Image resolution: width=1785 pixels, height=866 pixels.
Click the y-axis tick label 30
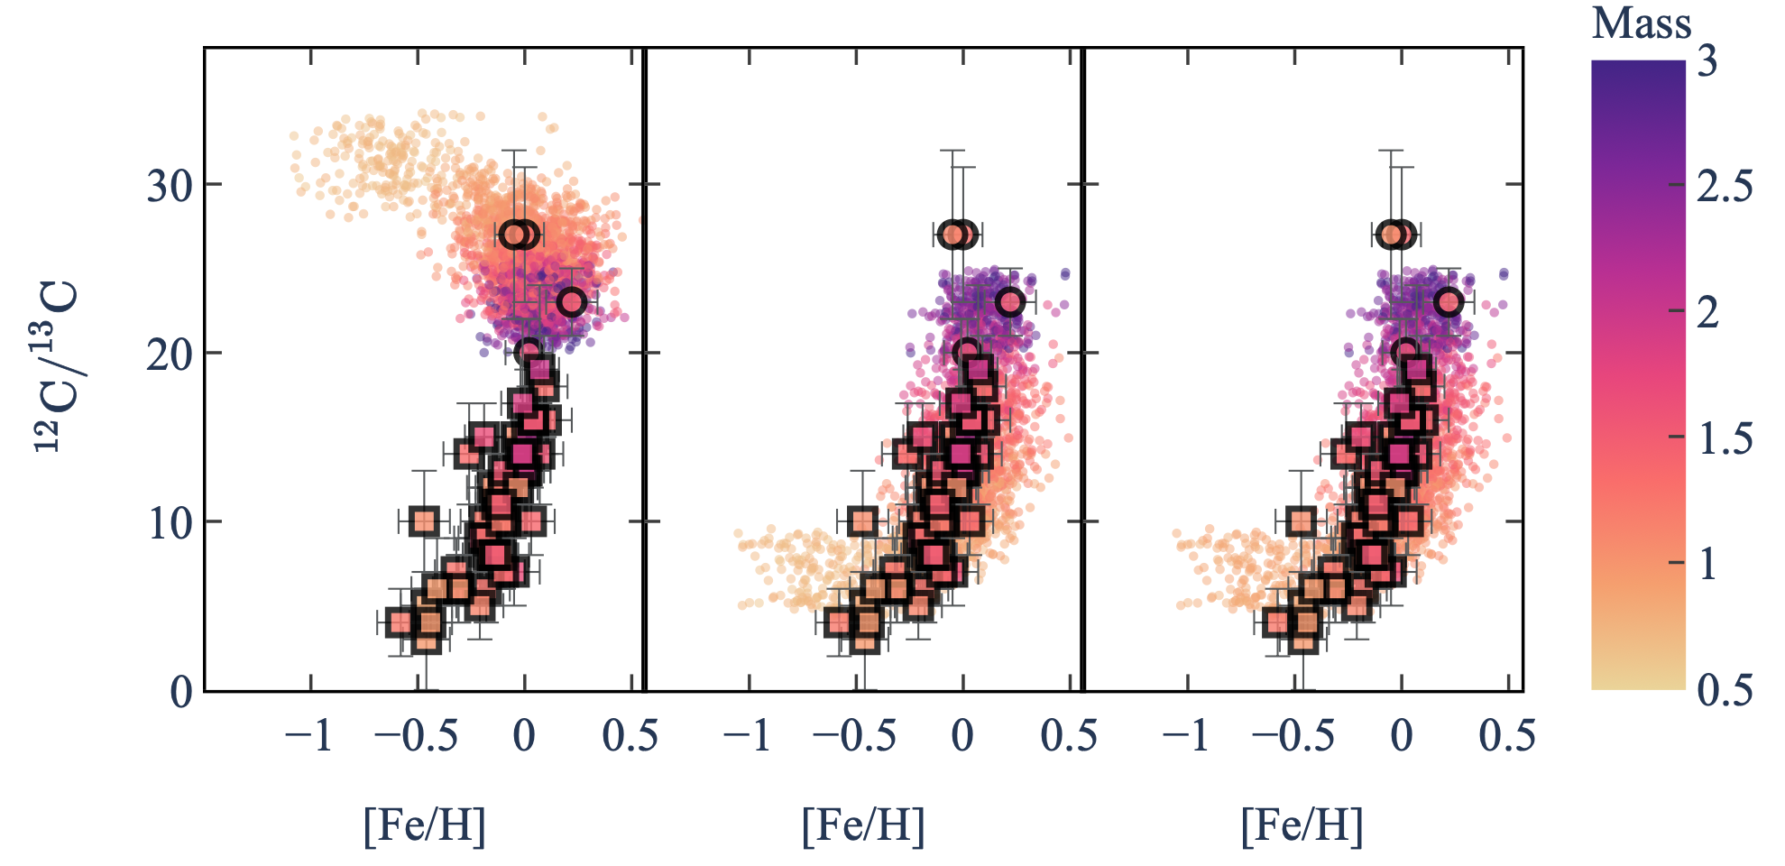pos(170,186)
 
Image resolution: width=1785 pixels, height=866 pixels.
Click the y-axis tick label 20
pos(170,355)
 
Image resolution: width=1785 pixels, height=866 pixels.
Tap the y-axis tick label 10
pos(170,523)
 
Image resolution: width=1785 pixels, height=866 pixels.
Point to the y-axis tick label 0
pos(181,692)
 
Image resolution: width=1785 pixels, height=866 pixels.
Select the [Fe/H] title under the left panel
pos(424,825)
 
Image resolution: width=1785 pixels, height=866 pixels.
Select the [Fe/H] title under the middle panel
pos(863,825)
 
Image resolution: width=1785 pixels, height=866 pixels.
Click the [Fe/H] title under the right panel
pos(1302,825)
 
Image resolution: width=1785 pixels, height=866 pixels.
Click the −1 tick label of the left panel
pos(308,737)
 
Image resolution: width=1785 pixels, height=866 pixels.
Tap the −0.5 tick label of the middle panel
pos(853,737)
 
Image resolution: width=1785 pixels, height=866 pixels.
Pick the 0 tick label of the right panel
pos(1401,737)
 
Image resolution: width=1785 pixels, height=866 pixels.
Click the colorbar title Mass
pos(1641,23)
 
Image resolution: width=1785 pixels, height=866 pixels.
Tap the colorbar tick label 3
pos(1707,61)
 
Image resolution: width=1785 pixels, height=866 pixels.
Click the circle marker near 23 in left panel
pos(571,302)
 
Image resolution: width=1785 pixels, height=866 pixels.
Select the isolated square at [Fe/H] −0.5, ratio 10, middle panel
pos(863,521)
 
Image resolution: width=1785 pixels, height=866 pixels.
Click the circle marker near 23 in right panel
pos(1449,302)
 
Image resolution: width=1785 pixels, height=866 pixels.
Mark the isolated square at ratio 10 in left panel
pos(424,521)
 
